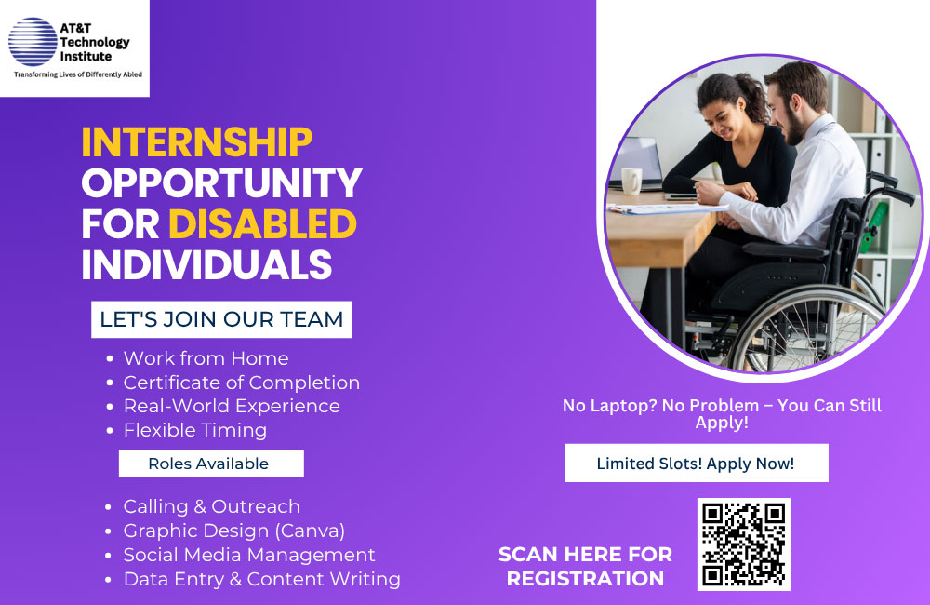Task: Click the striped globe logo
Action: [x=33, y=42]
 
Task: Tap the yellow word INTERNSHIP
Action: [x=197, y=141]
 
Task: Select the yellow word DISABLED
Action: [x=263, y=223]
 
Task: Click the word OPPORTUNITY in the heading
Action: [x=222, y=182]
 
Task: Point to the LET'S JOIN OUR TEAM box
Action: [x=221, y=319]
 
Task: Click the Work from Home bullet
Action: [x=206, y=358]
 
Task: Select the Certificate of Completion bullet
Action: [x=242, y=383]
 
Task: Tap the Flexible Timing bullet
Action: [x=195, y=430]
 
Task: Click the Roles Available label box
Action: [x=211, y=464]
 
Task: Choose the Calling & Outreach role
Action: [x=212, y=506]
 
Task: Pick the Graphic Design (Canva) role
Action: [x=234, y=531]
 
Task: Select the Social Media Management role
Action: [x=249, y=555]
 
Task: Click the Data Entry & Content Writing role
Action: [x=262, y=579]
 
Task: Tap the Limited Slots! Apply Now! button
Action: [x=697, y=464]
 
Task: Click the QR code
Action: [x=744, y=544]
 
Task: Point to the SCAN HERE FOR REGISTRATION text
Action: [x=585, y=567]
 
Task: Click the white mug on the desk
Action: [x=631, y=181]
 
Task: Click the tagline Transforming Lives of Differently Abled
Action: [x=78, y=74]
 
